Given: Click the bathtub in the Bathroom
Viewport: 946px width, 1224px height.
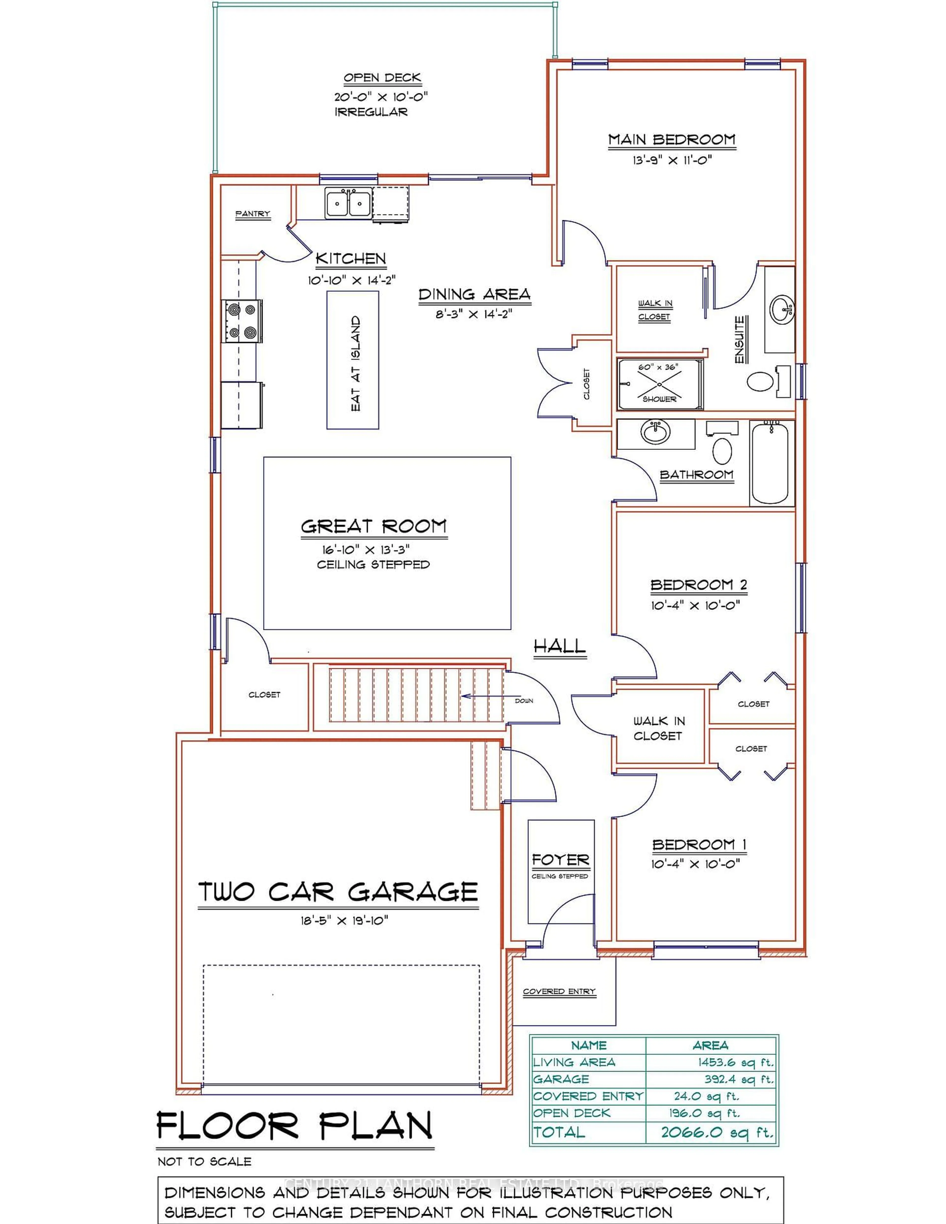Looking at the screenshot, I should click(x=772, y=463).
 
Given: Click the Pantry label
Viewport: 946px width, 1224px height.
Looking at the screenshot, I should click(x=253, y=214).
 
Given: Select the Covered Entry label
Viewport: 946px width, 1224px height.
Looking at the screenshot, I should click(x=559, y=991).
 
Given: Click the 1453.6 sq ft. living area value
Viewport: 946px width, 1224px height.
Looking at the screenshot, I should click(x=735, y=1062).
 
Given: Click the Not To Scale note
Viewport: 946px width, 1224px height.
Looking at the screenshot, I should click(x=204, y=1162).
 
